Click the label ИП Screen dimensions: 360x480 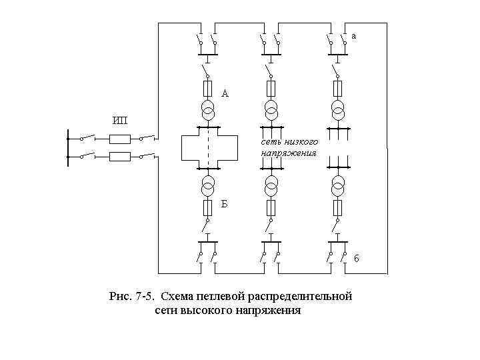coord(120,120)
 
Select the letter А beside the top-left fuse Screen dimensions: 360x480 coord(225,94)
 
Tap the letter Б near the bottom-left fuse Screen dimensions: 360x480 coord(225,204)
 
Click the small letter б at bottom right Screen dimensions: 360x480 coord(357,259)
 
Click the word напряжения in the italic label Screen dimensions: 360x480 coord(288,153)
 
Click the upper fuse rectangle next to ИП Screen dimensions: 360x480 coord(119,139)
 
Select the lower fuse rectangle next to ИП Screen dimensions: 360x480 coord(119,157)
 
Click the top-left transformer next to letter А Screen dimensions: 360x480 coord(208,108)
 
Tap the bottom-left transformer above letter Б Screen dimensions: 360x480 coord(208,183)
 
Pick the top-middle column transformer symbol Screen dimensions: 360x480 coord(271,108)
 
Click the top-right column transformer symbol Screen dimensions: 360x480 coord(338,108)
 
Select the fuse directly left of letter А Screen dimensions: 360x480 coord(207,89)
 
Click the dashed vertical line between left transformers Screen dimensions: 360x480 coord(208,148)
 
